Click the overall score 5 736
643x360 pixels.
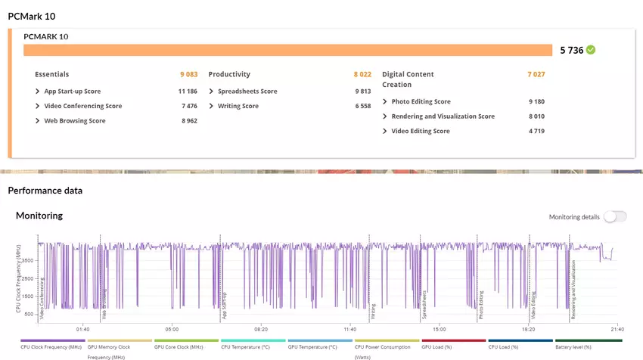(x=572, y=51)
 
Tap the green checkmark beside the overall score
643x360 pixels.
(x=591, y=50)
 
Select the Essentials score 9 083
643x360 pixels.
(x=188, y=74)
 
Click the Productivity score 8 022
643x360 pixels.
(x=362, y=74)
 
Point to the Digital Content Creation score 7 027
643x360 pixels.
(x=536, y=74)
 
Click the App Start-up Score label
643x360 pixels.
(x=72, y=92)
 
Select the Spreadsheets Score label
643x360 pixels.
(x=247, y=92)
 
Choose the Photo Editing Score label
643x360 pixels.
(x=421, y=101)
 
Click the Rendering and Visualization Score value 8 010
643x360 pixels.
(x=536, y=116)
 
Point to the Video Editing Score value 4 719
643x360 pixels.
(x=536, y=131)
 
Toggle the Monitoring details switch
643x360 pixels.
(x=614, y=217)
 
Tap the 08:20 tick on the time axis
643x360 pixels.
(x=261, y=329)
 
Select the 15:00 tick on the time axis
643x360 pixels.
(x=440, y=329)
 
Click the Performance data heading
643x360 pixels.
(x=45, y=191)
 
